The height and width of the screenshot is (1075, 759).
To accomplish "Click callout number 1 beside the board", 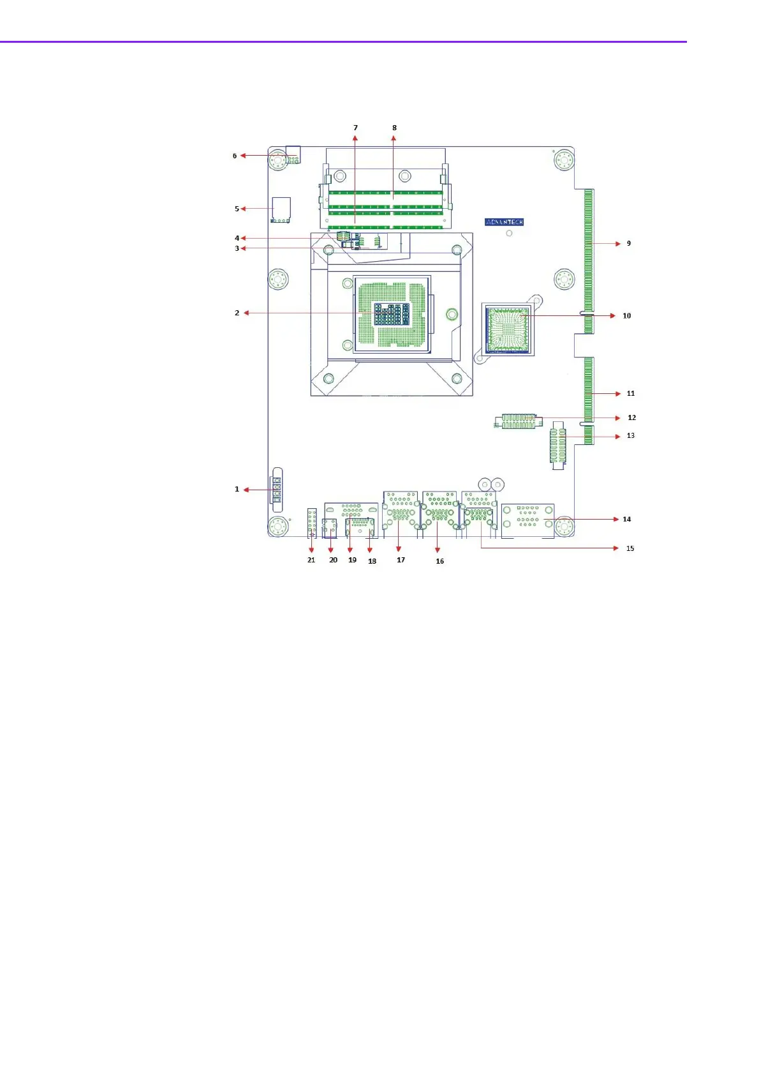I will click(x=237, y=490).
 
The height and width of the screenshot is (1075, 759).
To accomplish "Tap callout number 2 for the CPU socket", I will click(x=237, y=313).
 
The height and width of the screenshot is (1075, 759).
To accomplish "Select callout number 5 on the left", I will click(x=237, y=209).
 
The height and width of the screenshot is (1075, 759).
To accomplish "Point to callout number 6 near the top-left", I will click(x=235, y=156).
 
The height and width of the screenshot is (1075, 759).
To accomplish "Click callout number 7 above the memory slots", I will click(x=355, y=128).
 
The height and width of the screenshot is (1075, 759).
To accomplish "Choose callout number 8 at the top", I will click(x=394, y=128).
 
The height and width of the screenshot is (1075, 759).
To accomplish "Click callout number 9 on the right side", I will click(x=629, y=243).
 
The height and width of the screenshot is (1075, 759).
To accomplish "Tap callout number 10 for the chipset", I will click(x=627, y=315).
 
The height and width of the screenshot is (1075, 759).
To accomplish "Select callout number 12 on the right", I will click(x=631, y=417).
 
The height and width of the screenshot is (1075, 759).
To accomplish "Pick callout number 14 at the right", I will click(x=627, y=519).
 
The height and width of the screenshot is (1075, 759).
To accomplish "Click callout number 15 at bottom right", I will click(x=630, y=548).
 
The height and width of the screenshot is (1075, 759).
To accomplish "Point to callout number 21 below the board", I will click(x=311, y=560).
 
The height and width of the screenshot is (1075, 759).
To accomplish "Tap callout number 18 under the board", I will click(x=372, y=561).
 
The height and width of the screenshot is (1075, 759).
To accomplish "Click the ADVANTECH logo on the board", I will click(x=505, y=222).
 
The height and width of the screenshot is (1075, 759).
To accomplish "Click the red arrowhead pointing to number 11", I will click(x=617, y=394).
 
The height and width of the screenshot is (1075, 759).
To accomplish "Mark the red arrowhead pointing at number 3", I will click(x=244, y=248).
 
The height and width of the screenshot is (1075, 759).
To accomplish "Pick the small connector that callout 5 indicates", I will click(x=281, y=209).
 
